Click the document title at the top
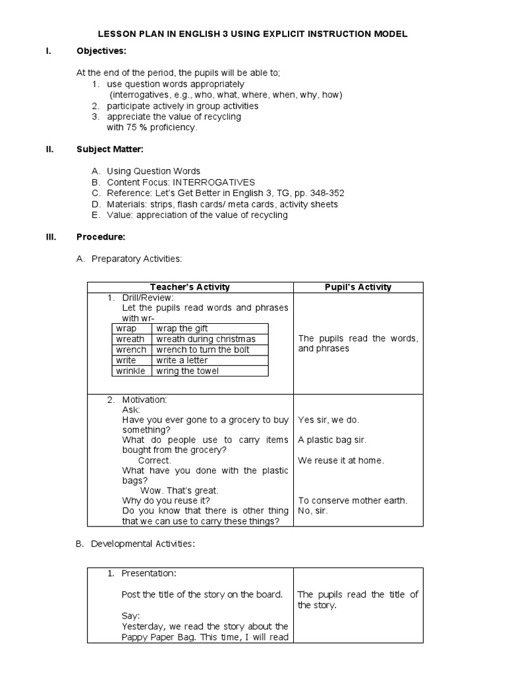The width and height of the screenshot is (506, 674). tap(253, 34)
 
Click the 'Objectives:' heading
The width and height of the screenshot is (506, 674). tap(101, 51)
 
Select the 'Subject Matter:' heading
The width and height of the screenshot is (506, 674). tap(109, 149)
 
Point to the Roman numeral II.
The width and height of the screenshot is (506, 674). tap(49, 149)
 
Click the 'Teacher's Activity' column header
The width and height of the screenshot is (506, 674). tap(190, 287)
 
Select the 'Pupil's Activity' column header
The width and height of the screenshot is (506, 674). tap(358, 287)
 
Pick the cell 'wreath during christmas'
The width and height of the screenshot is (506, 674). tap(206, 339)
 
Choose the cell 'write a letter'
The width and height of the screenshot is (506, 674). tap(182, 360)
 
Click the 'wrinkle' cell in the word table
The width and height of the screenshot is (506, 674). tap(130, 371)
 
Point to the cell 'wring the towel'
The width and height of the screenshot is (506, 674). tap(187, 371)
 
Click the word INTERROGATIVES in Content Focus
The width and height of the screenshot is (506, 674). tap(213, 182)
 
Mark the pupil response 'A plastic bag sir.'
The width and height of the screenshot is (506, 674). tap(332, 440)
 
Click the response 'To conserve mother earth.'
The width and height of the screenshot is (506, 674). tap(352, 500)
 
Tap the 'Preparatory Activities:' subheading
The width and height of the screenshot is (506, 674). tap(136, 259)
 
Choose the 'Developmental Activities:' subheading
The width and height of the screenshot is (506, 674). tap(143, 544)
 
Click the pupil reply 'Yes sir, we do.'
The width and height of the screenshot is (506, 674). tap(329, 419)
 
